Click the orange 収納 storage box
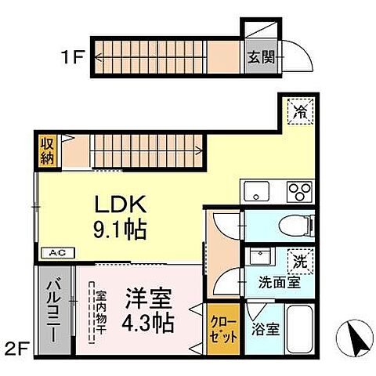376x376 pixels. click(x=49, y=150)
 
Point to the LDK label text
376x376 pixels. click(x=120, y=205)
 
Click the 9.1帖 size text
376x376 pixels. click(x=121, y=230)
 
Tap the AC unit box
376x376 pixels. click(x=57, y=253)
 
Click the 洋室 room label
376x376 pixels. click(x=149, y=299)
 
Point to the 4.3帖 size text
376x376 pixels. click(x=149, y=322)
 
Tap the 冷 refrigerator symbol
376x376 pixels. click(x=298, y=111)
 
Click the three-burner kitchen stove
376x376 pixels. click(x=298, y=190)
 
